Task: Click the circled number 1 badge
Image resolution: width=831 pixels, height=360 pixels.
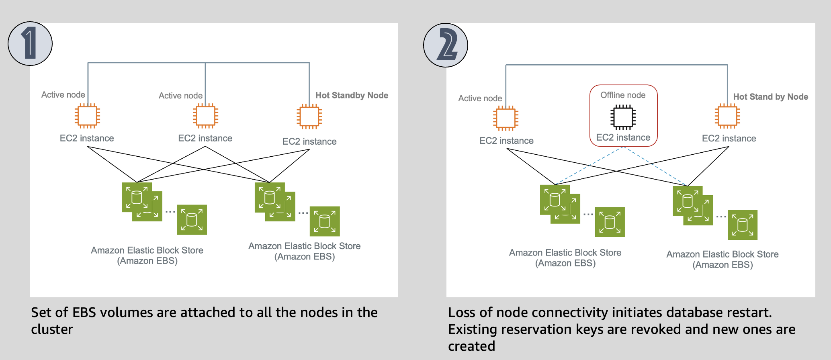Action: (x=30, y=43)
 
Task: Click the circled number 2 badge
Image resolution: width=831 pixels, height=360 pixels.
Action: (x=446, y=45)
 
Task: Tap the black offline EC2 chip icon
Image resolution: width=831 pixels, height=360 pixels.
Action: (x=623, y=117)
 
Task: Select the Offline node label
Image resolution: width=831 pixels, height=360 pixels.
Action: (x=623, y=95)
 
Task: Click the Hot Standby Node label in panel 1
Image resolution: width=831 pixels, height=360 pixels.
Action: (x=352, y=95)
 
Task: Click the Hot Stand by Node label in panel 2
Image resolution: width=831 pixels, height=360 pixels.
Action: (x=770, y=97)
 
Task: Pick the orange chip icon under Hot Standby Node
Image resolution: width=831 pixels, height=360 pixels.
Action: (x=309, y=117)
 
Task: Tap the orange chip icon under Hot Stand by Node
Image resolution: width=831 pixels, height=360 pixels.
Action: (x=727, y=116)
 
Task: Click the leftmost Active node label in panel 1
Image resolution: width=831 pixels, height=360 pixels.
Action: (x=63, y=95)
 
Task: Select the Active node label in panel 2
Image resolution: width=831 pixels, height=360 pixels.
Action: (x=480, y=98)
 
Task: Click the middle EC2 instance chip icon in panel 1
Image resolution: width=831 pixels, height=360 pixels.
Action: (x=205, y=116)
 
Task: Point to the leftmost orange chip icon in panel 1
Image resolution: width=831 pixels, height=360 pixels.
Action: (x=87, y=116)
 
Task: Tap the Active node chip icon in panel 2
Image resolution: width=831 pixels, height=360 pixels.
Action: (x=506, y=119)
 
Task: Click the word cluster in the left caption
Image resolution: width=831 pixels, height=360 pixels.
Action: (x=52, y=329)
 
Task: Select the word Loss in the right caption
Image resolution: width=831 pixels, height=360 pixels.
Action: (x=461, y=313)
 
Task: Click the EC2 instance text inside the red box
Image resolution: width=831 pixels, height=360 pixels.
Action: (x=623, y=137)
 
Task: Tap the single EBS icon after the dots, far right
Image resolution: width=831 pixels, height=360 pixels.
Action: (x=743, y=225)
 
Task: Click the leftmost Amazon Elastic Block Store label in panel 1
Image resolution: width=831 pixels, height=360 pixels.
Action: (x=147, y=250)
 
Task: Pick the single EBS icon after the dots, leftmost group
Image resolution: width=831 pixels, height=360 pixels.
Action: (x=192, y=220)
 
